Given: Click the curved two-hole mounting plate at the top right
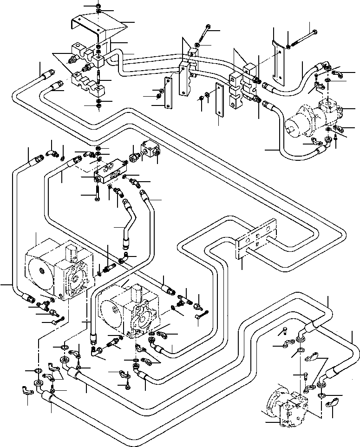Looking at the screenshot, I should click(x=278, y=60).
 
